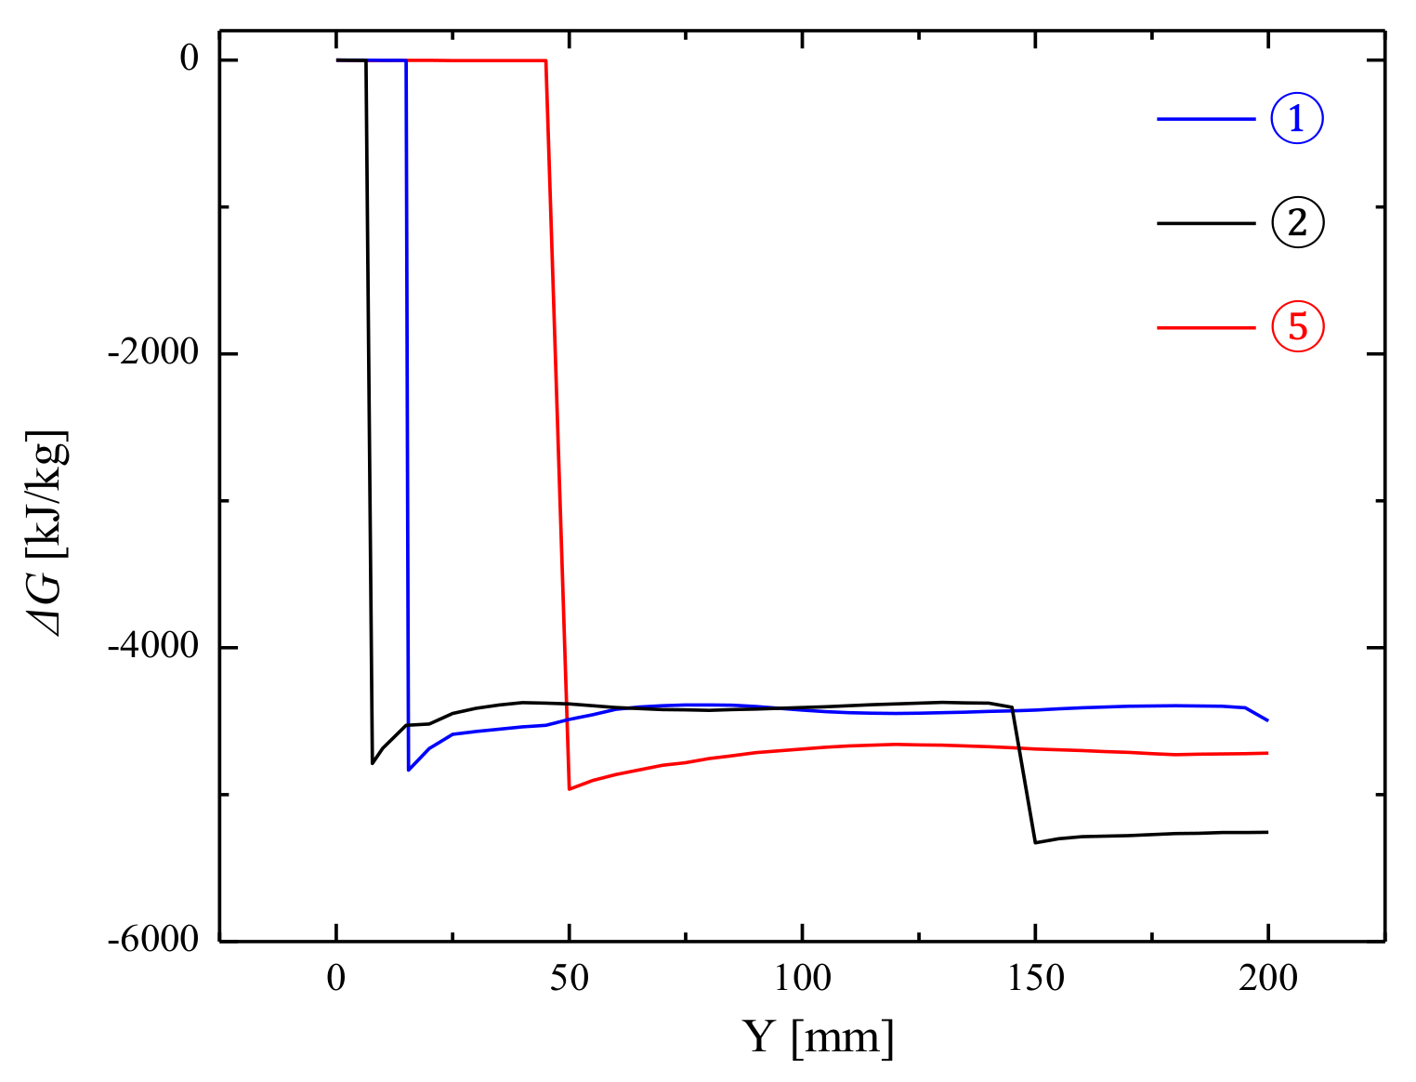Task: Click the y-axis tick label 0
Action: (190, 59)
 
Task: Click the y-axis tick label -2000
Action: (154, 353)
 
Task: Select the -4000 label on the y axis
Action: (154, 647)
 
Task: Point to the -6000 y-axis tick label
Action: (154, 940)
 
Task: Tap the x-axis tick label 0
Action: (336, 979)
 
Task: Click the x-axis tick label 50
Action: (569, 979)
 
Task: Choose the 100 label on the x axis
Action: (802, 979)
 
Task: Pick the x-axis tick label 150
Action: (1035, 979)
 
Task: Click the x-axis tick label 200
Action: (1267, 979)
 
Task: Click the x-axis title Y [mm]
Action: (819, 1037)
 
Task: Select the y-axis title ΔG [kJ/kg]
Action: (48, 534)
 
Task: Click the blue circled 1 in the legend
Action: (1296, 118)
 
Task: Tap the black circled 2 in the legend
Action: (1296, 223)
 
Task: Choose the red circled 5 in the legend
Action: (1296, 327)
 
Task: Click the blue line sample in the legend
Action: (1205, 119)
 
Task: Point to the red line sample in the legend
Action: (1205, 328)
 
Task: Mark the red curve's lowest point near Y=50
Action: (570, 789)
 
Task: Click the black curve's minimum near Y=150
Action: (1035, 842)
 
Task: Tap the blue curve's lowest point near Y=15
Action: (409, 770)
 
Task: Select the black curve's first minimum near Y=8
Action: (373, 763)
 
